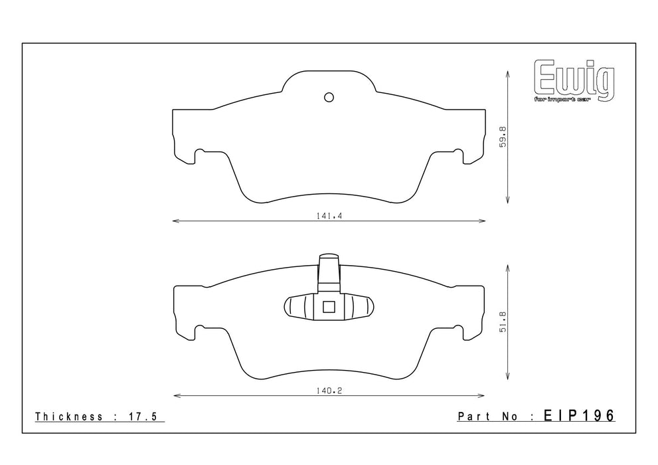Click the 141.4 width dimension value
pos(329,216)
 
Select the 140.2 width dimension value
pos(329,391)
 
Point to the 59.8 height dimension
pos(503,136)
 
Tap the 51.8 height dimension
pos(503,322)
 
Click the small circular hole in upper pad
pos(329,98)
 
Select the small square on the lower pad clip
pos(328,307)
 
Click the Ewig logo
pos(574,81)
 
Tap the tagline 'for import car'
pos(562,100)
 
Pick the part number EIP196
pos(579,416)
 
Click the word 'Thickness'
pos(69,417)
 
